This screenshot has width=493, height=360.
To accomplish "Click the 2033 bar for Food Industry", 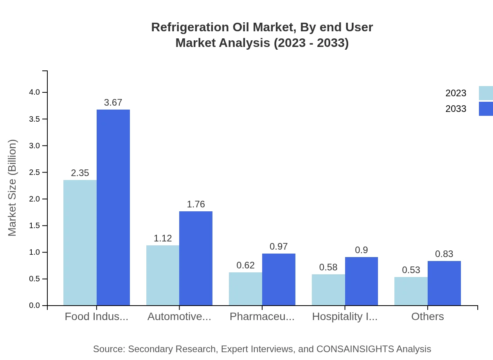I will tap(113, 207).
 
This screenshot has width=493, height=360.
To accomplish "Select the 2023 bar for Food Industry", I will tap(80, 243).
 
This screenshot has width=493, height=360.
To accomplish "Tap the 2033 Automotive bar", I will tap(196, 258).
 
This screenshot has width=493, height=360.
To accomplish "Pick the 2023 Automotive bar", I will tap(163, 275).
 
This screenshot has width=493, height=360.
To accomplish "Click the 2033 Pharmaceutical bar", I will tap(279, 279).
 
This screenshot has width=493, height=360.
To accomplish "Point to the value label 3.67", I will tap(113, 103).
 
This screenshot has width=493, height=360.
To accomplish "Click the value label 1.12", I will tap(163, 238).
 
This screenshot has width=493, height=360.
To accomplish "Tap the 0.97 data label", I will tap(279, 247).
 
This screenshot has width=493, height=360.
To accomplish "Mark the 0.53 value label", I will tap(411, 270).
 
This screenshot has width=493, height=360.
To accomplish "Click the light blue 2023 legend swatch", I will tap(486, 93).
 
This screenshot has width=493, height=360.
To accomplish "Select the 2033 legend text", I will tap(456, 109).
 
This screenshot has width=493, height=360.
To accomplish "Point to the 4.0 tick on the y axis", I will tap(34, 92).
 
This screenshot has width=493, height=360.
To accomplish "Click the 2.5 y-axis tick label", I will tap(34, 173).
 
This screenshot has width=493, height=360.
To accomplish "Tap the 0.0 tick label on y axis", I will tap(34, 306).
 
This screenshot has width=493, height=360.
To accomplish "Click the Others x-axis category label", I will tap(428, 317).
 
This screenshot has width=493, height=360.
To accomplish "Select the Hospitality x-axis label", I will tap(345, 317).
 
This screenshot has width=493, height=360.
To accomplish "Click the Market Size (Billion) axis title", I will tap(13, 188).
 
